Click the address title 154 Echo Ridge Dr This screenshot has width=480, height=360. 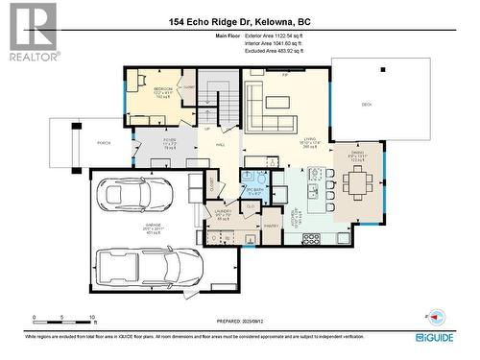[239, 22]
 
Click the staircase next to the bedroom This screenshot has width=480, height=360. [222, 97]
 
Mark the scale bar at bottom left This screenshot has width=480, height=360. [63, 318]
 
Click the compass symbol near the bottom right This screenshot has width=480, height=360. [437, 316]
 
